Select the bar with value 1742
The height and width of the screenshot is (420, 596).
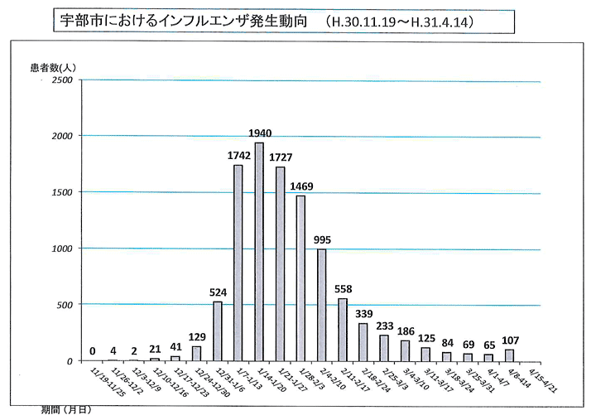coord(238,262)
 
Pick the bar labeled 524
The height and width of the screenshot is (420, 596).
coord(218,331)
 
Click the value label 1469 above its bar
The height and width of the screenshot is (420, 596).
coord(301,188)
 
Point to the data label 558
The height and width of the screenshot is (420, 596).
coord(344,288)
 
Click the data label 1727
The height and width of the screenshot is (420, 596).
coord(281,157)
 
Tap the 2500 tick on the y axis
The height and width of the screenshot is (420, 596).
coord(63,80)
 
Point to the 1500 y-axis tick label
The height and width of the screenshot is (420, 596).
coord(63,192)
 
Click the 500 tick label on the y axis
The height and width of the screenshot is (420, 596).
coord(66,305)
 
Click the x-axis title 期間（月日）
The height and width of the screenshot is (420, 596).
coord(66,409)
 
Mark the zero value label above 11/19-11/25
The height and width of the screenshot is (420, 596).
coord(94,351)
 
